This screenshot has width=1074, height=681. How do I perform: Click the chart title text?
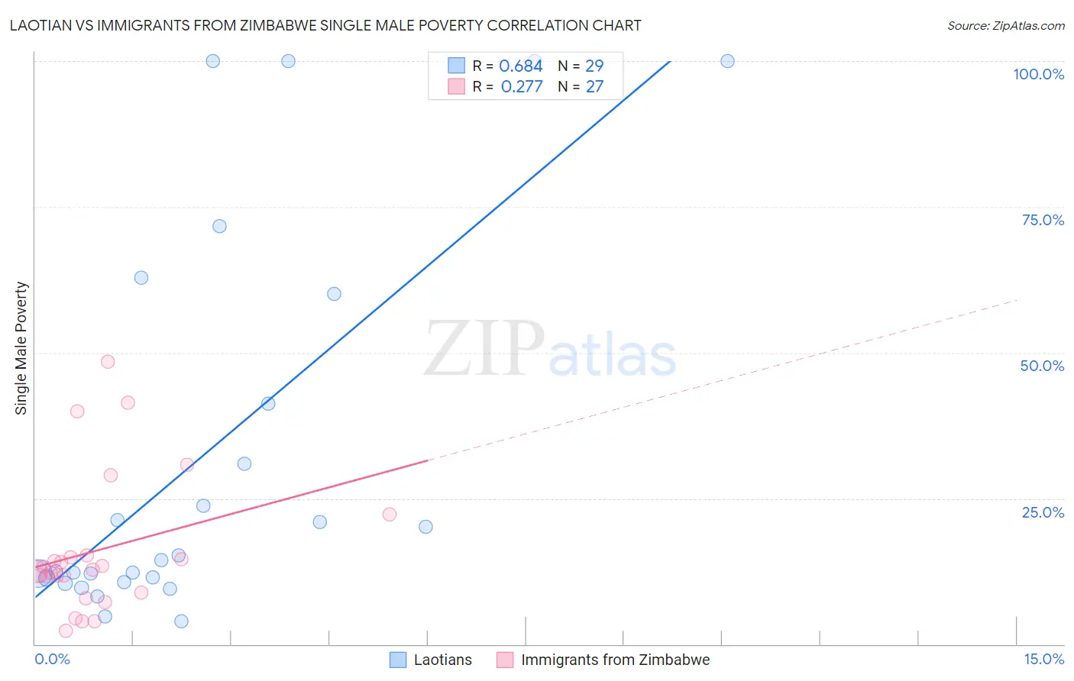coord(325,25)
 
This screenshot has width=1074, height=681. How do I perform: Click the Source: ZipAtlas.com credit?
coord(1005,25)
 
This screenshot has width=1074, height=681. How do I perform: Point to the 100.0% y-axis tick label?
coord(1038,74)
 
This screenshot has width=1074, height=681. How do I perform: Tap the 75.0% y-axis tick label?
coord(1043,220)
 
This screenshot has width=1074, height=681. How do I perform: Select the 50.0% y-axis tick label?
coord(1042,366)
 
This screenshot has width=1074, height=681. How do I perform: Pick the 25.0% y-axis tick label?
coord(1043,512)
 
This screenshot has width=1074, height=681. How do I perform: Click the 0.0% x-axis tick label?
coord(52,659)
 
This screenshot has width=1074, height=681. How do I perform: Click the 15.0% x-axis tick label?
coord(1043,659)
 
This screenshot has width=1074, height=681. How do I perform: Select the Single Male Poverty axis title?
coord(21,348)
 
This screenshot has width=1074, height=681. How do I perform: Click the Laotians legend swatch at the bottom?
coord(398,660)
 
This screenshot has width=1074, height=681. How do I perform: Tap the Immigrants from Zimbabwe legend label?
coord(615,660)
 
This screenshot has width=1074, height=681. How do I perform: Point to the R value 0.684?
coord(520,66)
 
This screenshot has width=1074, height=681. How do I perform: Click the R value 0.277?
coord(522,86)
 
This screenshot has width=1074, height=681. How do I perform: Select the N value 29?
coord(594,66)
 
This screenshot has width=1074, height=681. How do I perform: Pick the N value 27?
coord(594,86)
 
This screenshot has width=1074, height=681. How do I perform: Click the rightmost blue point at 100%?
coord(727,61)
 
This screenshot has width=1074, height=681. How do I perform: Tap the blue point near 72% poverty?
coord(219,226)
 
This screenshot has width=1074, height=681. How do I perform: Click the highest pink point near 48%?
coord(108,362)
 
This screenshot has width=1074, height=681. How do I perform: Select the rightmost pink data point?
coord(390,515)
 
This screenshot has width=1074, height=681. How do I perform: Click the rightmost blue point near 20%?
coord(425,527)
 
